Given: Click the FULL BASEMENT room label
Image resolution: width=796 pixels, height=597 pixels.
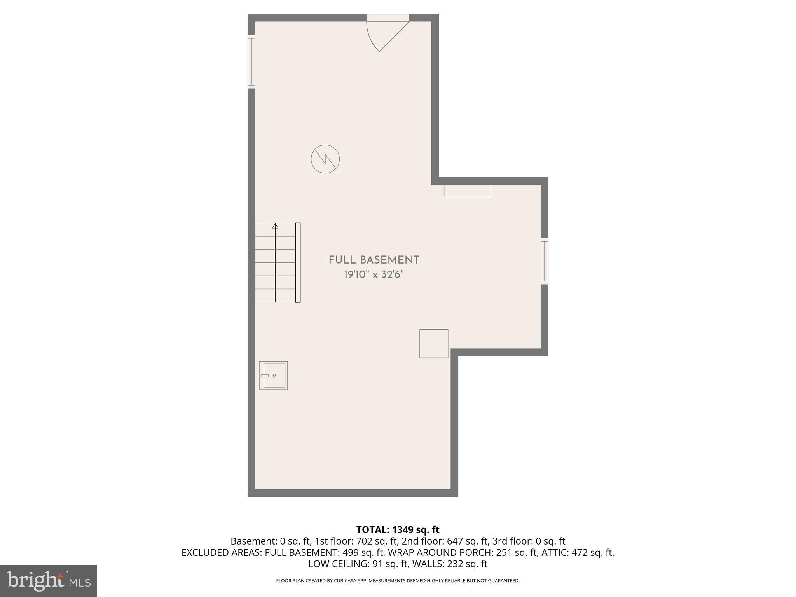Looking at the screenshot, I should (x=374, y=260).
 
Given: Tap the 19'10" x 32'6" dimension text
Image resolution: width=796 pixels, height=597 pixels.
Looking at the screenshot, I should (x=374, y=275).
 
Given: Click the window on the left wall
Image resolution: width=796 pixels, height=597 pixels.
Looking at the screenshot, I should (x=251, y=62).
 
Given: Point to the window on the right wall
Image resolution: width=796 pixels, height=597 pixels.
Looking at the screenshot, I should (x=545, y=261).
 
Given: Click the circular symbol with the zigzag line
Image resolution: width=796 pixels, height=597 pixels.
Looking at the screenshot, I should (x=325, y=159).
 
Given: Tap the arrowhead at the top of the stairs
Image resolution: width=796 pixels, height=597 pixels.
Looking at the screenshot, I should (x=276, y=226).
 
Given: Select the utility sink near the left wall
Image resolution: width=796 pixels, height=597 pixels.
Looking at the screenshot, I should (x=274, y=375).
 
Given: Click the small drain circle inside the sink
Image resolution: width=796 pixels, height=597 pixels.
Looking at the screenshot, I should (x=274, y=376).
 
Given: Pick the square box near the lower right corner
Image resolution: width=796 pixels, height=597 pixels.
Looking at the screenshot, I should (x=434, y=344).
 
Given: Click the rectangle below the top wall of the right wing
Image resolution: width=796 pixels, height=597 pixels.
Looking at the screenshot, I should (x=467, y=191).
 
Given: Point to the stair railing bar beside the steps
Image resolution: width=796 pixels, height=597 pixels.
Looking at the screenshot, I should (x=298, y=262).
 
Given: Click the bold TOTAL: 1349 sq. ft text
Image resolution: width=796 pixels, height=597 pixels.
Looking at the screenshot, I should (x=398, y=530).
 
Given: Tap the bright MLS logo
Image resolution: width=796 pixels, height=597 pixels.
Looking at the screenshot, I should (x=49, y=581).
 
